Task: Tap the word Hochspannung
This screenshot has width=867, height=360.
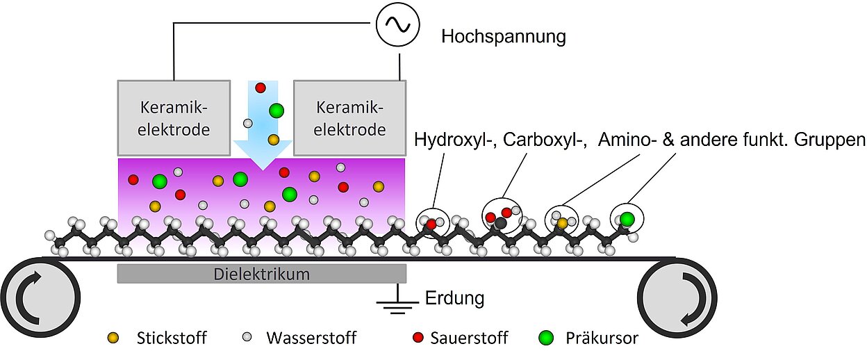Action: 504,36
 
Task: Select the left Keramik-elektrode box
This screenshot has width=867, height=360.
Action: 174,117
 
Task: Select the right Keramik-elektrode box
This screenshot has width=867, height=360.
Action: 350,117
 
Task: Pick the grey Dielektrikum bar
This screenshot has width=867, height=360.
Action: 261,274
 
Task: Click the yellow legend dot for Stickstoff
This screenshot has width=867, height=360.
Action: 114,338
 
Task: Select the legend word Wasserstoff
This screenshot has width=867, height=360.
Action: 311,338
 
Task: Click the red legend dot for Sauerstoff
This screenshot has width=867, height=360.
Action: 418,338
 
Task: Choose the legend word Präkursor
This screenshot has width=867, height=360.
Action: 602,338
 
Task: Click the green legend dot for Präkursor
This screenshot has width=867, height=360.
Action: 547,338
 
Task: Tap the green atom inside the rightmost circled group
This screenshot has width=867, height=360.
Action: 627,219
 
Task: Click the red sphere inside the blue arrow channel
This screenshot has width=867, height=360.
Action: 261,88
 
